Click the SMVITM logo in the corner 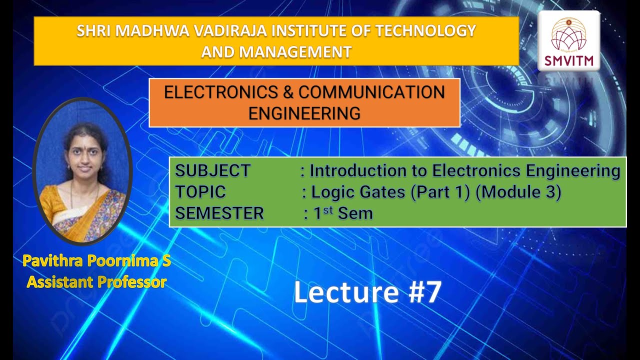[568, 41]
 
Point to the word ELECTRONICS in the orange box [228, 92]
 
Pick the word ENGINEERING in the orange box [304, 113]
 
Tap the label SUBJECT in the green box [212, 171]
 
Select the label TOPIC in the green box [200, 192]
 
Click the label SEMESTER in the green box [219, 213]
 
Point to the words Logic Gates [358, 192]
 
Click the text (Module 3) [518, 192]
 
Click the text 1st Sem [343, 213]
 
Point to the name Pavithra [53, 261]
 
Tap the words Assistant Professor [96, 282]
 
